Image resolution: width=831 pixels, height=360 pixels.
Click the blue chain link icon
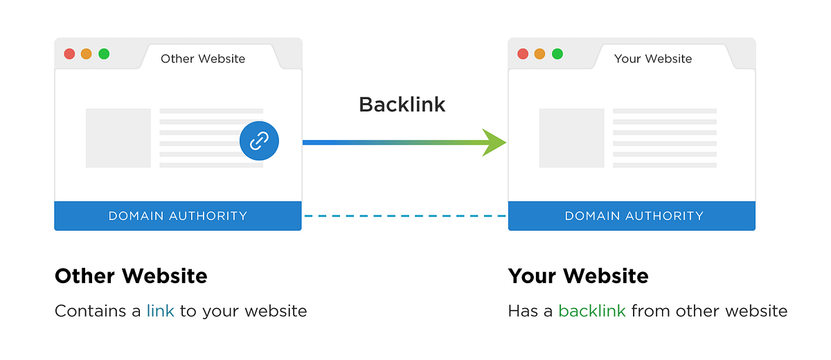(x=259, y=142)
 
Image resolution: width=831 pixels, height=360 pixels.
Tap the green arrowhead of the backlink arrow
(x=496, y=143)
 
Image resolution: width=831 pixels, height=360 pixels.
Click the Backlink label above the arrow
(x=402, y=105)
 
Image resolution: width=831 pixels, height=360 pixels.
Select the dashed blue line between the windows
(x=405, y=216)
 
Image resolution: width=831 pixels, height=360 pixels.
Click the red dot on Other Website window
(x=69, y=54)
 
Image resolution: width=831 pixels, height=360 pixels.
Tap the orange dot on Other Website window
(x=87, y=54)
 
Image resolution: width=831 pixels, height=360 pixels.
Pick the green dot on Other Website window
(x=104, y=54)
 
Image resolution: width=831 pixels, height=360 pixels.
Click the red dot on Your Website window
(x=523, y=54)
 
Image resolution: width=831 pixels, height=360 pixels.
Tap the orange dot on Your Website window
(x=540, y=54)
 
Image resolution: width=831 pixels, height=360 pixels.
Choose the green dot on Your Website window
(x=557, y=54)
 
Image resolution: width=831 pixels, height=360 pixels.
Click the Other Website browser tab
(x=203, y=58)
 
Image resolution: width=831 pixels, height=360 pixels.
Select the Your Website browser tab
(x=653, y=58)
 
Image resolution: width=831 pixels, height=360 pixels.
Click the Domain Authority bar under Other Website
(x=178, y=216)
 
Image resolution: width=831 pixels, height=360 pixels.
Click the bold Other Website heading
(x=131, y=276)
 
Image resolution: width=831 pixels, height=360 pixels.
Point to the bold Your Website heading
(x=578, y=276)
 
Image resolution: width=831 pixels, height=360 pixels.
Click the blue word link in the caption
(x=160, y=311)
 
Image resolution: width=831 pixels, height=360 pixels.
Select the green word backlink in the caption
(x=592, y=311)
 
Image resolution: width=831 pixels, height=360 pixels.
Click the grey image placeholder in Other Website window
(x=118, y=138)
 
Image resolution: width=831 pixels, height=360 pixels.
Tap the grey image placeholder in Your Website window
(x=571, y=138)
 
